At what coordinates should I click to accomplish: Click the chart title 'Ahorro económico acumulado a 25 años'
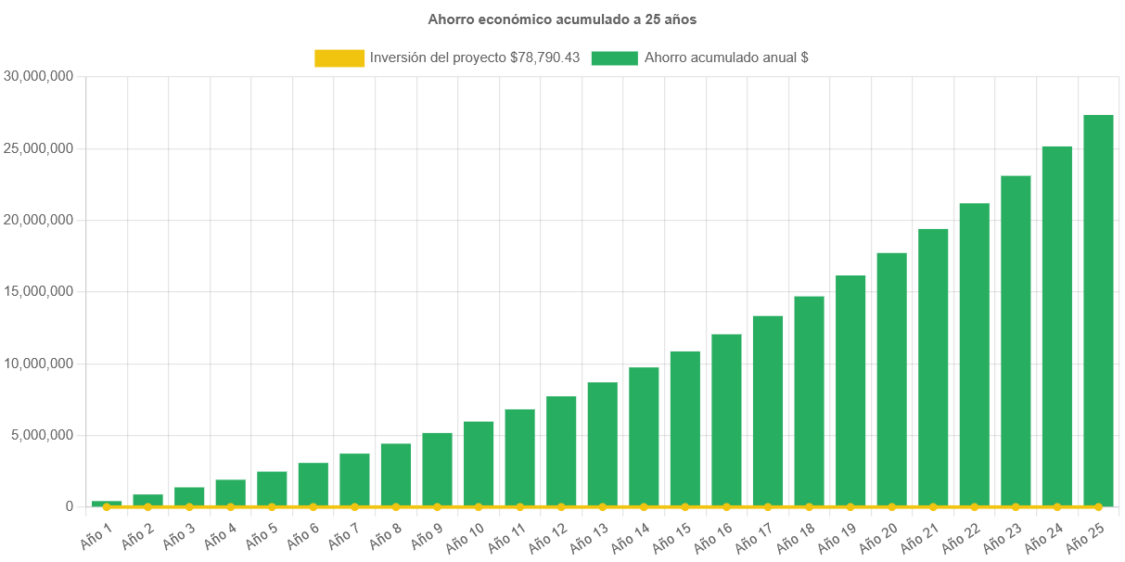coord(562,19)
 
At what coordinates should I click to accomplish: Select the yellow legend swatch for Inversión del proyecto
coord(339,57)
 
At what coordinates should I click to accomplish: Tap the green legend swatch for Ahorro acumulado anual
coord(614,57)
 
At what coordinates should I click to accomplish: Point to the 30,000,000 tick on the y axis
coord(39,76)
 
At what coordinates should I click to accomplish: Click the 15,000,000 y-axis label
coord(39,291)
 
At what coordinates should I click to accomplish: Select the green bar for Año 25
coord(1098,310)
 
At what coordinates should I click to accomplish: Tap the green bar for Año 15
coord(684,428)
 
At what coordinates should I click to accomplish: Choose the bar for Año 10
coord(479,463)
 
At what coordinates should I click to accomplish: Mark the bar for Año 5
coord(272,488)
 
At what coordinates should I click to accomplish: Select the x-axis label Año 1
coord(96,536)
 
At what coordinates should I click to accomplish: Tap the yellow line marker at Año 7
coord(354,506)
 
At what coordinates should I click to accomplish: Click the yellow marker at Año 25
coord(1098,506)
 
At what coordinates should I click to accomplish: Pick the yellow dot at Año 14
coord(644,506)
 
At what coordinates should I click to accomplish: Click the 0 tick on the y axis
coord(69,506)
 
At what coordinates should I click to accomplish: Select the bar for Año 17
coord(767,410)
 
